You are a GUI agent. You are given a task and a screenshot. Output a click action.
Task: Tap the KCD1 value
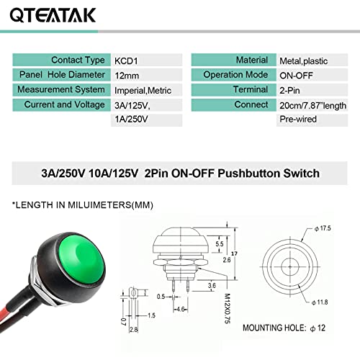(128, 60)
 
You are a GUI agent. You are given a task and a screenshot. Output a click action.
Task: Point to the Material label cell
(232, 60)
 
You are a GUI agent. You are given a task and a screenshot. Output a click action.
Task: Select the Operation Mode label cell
(232, 76)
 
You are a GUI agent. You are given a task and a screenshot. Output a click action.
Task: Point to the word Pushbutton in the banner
(253, 174)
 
